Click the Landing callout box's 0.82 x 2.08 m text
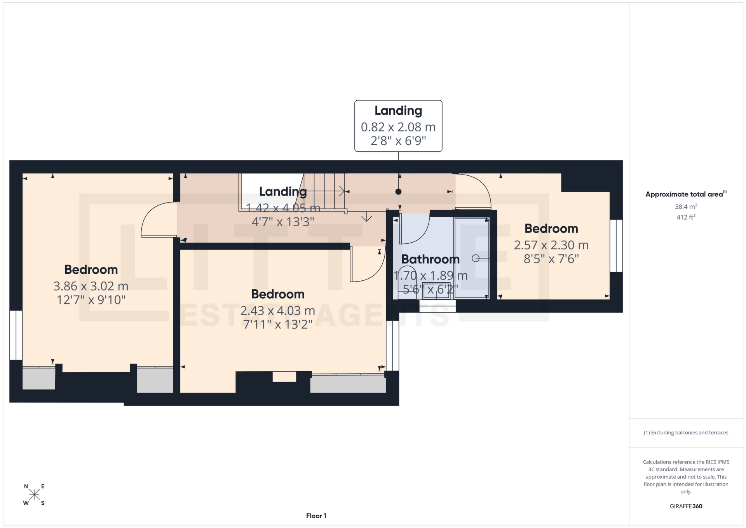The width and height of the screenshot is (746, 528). point(398,127)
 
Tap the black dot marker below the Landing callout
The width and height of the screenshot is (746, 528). point(398,191)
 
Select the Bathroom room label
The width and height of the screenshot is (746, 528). point(430,259)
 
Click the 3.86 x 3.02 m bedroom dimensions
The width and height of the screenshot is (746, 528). point(91,286)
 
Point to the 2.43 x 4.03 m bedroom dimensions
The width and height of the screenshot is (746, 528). point(277,311)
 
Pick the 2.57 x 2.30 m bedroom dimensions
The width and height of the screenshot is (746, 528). point(551,245)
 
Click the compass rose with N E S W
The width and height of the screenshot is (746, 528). point(34,495)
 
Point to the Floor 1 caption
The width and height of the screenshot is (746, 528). point(316,516)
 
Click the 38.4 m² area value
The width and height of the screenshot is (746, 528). point(686,207)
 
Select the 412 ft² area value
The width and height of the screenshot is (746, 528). point(686,217)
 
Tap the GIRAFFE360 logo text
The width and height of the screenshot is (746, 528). point(686,506)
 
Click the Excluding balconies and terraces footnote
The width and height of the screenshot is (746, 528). point(686,433)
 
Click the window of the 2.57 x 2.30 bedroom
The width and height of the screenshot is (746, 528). point(616,246)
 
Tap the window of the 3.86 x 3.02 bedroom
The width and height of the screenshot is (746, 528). point(16,335)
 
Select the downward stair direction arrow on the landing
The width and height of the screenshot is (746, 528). point(366,217)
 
